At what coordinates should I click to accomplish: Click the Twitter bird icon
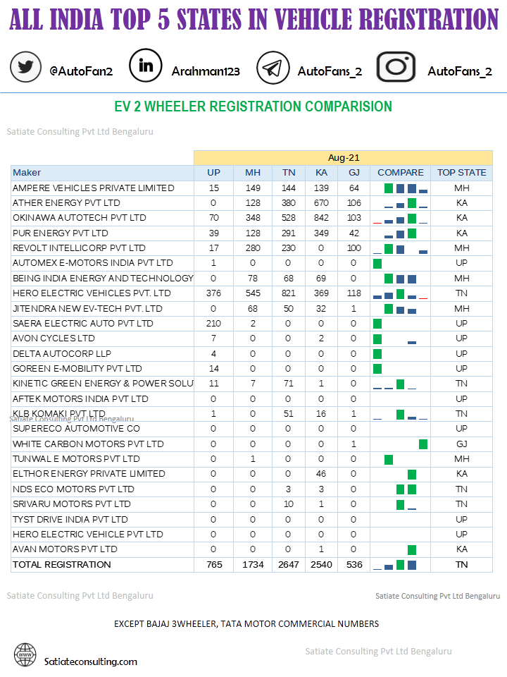tap(26, 68)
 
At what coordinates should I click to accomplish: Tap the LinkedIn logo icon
tap(146, 66)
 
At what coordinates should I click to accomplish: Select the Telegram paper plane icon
tap(273, 68)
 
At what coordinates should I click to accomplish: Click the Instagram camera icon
tap(396, 67)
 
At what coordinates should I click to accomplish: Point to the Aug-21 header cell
tap(343, 157)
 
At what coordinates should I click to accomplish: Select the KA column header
tap(321, 173)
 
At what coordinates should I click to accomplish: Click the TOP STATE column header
tap(461, 173)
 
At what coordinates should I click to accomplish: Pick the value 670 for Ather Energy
tap(321, 203)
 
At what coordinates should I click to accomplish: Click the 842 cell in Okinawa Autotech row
tap(321, 218)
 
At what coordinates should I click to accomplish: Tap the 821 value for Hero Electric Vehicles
tap(289, 293)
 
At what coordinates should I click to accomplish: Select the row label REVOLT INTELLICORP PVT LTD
tap(79, 248)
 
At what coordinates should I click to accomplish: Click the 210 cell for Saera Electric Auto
tap(213, 323)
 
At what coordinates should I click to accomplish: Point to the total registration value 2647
tap(289, 564)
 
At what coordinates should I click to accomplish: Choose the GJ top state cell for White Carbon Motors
tap(461, 444)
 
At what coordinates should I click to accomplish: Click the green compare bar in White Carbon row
tap(423, 444)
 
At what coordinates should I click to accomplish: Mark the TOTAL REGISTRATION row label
tap(62, 564)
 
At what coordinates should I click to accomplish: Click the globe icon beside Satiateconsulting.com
tap(25, 654)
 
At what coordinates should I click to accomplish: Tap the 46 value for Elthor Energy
tap(321, 474)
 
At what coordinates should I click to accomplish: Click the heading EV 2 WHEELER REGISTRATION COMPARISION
tap(253, 107)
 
